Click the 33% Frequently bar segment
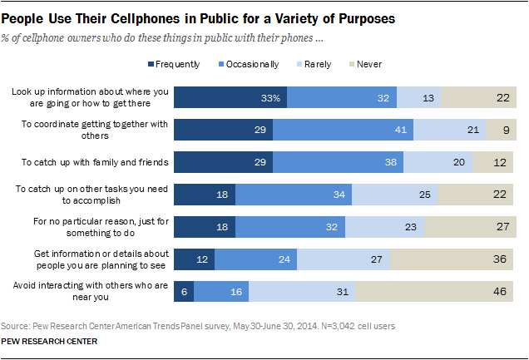tap(230, 97)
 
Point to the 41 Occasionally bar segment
tap(343, 130)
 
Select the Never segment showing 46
tap(435, 290)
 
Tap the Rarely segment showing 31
tap(302, 290)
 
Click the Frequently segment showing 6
tap(184, 290)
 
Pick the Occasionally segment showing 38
tap(338, 161)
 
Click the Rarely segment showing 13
tap(418, 97)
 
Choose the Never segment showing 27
tap(468, 225)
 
